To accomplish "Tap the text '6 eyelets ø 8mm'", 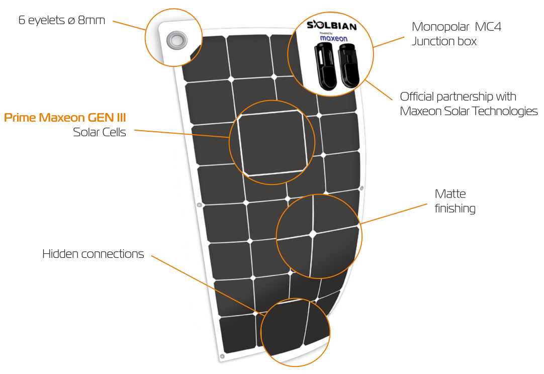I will pyautogui.click(x=62, y=21).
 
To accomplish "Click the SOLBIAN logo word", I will pyautogui.click(x=330, y=25).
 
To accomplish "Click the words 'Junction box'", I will pyautogui.click(x=444, y=41).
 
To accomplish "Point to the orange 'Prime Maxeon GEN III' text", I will pyautogui.click(x=65, y=118).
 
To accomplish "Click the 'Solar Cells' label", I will pyautogui.click(x=100, y=133).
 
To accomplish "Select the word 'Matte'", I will pyautogui.click(x=450, y=194).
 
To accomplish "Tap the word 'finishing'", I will pyautogui.click(x=455, y=208).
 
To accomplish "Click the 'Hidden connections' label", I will pyautogui.click(x=93, y=254).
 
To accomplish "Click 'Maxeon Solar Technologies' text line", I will pyautogui.click(x=469, y=111).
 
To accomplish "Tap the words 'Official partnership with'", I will pyautogui.click(x=458, y=97).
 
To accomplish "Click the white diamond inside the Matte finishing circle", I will pyautogui.click(x=313, y=234).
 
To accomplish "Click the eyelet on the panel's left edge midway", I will pyautogui.click(x=199, y=205).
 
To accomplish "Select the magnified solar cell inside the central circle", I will pyautogui.click(x=272, y=144).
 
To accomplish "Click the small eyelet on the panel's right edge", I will pyautogui.click(x=361, y=188).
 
